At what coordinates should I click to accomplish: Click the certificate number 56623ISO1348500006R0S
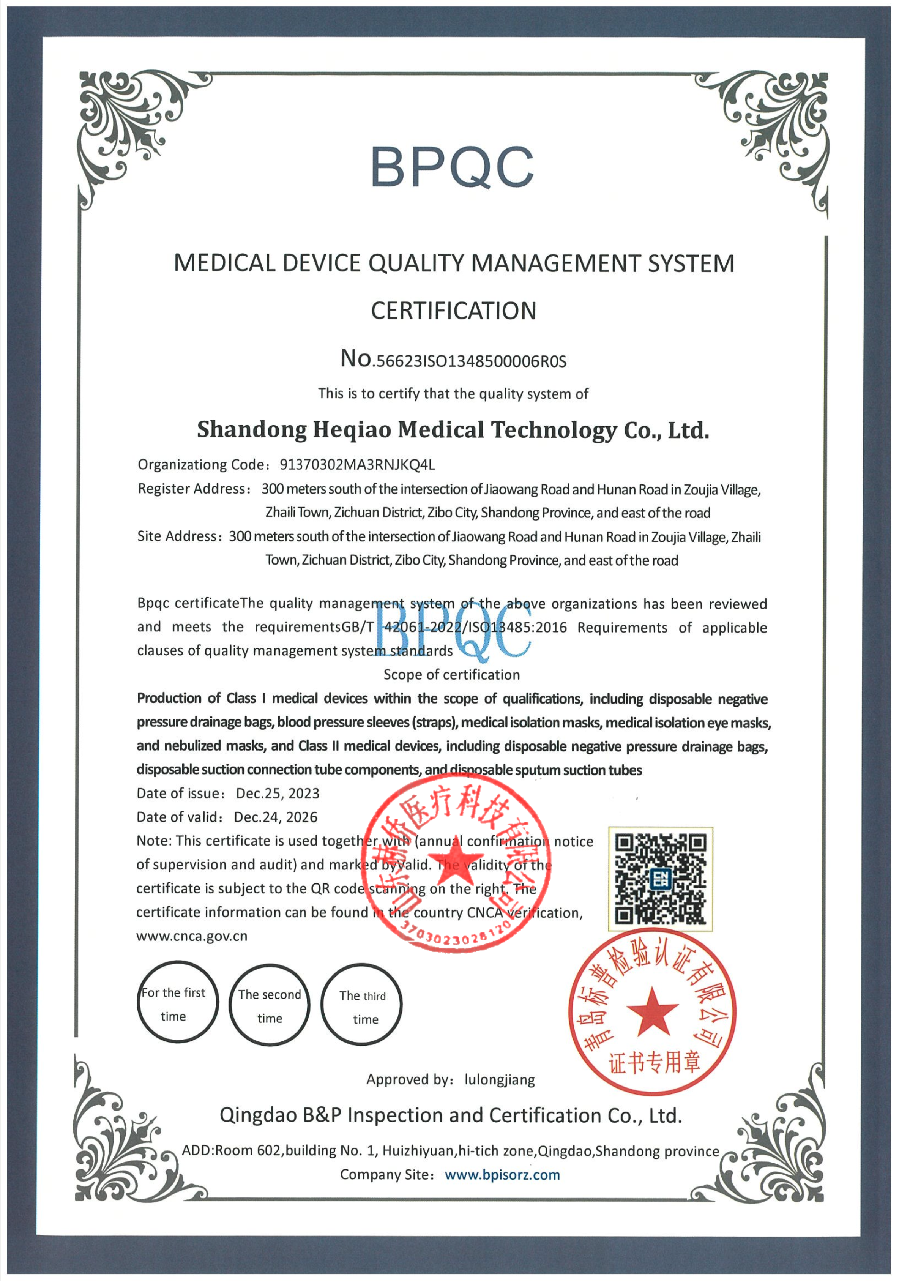pos(471,361)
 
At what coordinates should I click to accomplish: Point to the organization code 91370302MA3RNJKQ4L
pos(357,465)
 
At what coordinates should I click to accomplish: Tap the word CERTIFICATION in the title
pos(453,311)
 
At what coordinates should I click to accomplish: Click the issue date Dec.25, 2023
pos(278,794)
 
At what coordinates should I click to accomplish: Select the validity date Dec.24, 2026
pos(275,817)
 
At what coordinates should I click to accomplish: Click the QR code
pos(660,879)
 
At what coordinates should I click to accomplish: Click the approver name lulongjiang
pos(500,1080)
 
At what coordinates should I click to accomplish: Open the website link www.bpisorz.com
pos(502,1175)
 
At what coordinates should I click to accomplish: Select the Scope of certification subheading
pos(451,675)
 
